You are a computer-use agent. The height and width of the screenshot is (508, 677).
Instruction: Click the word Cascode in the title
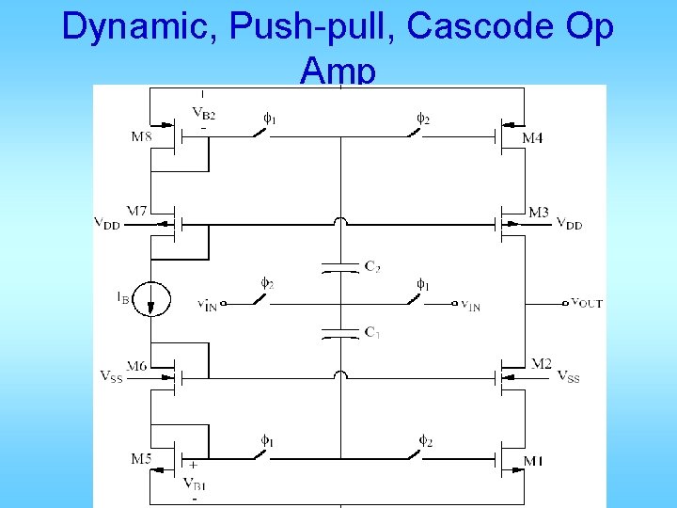click(x=467, y=27)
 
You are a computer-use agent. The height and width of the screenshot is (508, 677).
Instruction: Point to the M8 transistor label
click(x=140, y=137)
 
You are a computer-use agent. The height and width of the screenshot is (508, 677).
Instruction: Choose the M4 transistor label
click(x=532, y=138)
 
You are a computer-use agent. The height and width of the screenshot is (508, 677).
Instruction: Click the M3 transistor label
click(x=538, y=213)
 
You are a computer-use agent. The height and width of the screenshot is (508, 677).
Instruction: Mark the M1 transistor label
click(x=533, y=461)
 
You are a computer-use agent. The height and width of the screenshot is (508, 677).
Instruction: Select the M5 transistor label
click(x=140, y=459)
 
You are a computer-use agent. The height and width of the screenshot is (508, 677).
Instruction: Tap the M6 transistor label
click(x=137, y=365)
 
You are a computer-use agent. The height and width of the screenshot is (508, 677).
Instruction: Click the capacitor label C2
click(x=372, y=265)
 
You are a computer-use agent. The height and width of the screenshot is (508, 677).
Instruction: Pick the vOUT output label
click(x=588, y=303)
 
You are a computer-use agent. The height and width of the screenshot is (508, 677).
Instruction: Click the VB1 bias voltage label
click(x=196, y=484)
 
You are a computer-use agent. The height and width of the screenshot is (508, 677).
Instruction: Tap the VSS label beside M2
click(x=568, y=377)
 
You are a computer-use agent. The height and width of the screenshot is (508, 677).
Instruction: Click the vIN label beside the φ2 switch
click(x=207, y=305)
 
